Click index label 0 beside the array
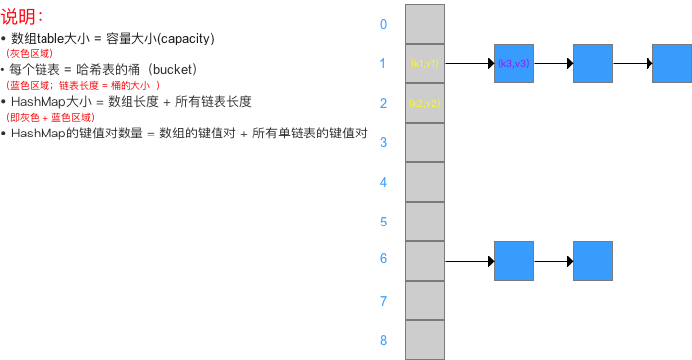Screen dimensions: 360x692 [x=383, y=24]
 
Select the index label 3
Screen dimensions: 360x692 [x=383, y=142]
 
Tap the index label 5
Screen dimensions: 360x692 [x=383, y=222]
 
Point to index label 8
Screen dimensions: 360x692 [x=383, y=340]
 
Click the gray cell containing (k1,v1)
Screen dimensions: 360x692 [x=425, y=63]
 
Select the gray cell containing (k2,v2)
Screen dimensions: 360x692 [x=425, y=103]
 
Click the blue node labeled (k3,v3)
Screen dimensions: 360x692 [x=514, y=63]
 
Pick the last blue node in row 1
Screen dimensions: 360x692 [x=672, y=63]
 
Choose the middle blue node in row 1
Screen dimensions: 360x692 [x=593, y=63]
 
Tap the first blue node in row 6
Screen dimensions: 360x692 [x=514, y=261]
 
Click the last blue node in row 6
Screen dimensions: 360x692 [x=593, y=261]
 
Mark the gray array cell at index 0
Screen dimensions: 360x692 [x=425, y=24]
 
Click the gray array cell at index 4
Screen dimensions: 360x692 [x=425, y=182]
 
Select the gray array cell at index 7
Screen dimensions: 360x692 [x=425, y=301]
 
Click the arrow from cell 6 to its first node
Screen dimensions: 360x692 [x=470, y=261]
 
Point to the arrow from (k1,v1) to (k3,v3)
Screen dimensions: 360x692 [x=470, y=63]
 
